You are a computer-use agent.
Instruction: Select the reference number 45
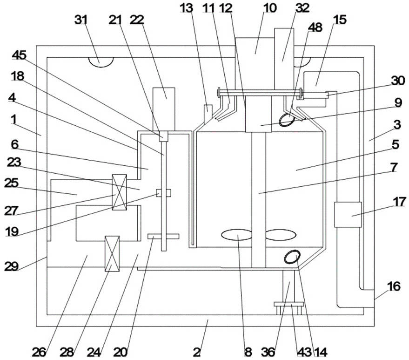pyautogui.click(x=20, y=55)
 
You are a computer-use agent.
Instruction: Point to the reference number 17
pyautogui.click(x=399, y=202)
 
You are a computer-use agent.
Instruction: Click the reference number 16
pyautogui.click(x=394, y=285)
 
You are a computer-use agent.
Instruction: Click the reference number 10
pyautogui.click(x=269, y=8)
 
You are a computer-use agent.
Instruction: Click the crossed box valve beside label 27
pyautogui.click(x=119, y=192)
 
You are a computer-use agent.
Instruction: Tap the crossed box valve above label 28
pyautogui.click(x=113, y=254)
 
